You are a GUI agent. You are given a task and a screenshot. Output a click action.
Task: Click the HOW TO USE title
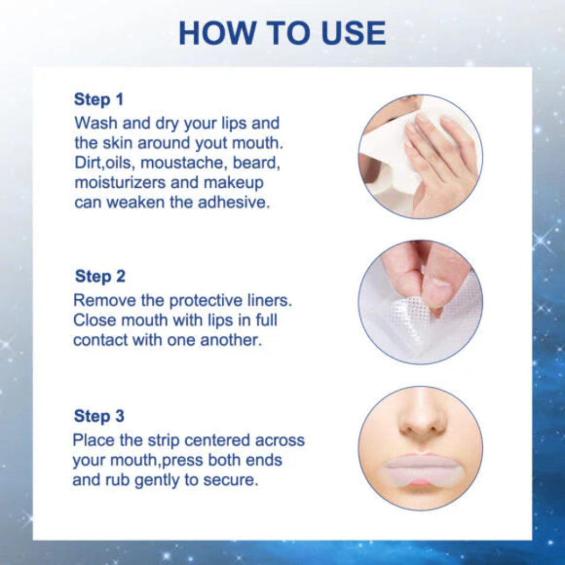pos(282,33)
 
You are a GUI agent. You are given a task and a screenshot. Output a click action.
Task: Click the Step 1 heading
pos(99,99)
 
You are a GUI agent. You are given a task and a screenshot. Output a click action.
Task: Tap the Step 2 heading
pos(100,276)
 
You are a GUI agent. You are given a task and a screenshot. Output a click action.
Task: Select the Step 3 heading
pos(99,416)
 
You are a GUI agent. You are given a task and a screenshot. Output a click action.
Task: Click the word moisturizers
pos(119,183)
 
